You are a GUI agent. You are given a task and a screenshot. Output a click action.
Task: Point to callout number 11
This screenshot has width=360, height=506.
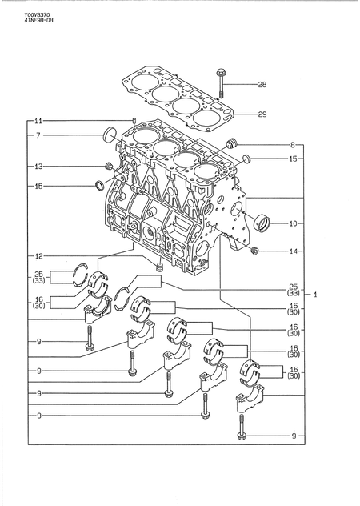37,120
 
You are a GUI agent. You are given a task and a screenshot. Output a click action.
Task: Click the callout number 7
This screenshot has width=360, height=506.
37,136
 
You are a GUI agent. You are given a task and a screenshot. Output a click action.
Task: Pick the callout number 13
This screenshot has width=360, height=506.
37,166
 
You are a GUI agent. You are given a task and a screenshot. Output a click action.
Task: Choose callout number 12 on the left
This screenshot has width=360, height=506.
37,256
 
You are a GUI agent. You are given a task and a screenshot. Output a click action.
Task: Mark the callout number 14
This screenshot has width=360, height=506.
293,251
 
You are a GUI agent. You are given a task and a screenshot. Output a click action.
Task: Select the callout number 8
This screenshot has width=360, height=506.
293,145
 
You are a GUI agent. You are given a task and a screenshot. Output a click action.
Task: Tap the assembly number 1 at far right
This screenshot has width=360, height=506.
316,295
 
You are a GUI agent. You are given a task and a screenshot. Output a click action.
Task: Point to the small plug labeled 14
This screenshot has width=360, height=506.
254,251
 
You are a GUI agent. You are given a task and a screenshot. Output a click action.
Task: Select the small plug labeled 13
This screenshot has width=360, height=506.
106,166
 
